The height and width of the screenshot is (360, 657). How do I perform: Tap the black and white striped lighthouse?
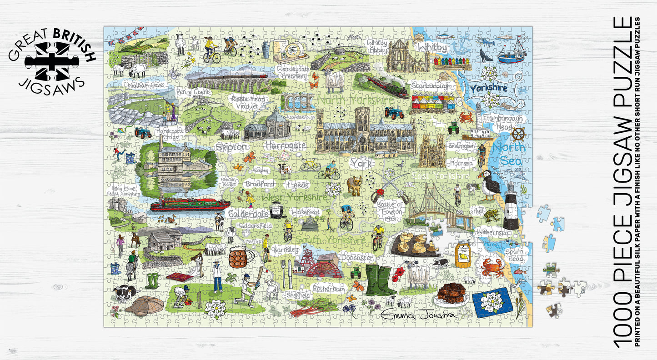511,206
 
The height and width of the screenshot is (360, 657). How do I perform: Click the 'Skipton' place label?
231,147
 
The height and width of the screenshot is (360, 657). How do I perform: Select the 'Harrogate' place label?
285,146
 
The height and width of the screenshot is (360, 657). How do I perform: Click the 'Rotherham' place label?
328,289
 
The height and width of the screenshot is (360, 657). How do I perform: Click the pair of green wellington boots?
381,280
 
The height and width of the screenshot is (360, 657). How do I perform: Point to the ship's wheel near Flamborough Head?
518,135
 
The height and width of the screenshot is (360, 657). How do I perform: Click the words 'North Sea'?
510,154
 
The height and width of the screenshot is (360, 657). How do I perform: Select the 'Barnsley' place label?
286,250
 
